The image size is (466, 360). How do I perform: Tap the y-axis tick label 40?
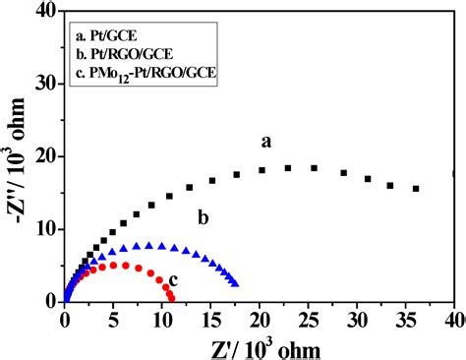[43, 13]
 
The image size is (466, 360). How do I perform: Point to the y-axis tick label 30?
[43, 85]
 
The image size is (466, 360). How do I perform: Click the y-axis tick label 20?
[43, 156]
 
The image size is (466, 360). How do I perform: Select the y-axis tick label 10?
[43, 228]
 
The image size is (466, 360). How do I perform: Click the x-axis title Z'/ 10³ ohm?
[261, 345]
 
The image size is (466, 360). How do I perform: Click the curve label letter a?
[265, 143]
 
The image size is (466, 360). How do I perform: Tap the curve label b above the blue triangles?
[202, 217]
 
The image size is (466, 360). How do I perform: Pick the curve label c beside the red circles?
[173, 281]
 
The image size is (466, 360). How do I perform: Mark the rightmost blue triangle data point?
[235, 283]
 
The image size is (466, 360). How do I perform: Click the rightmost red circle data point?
[172, 296]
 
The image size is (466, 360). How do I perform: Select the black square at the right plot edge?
[454, 174]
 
